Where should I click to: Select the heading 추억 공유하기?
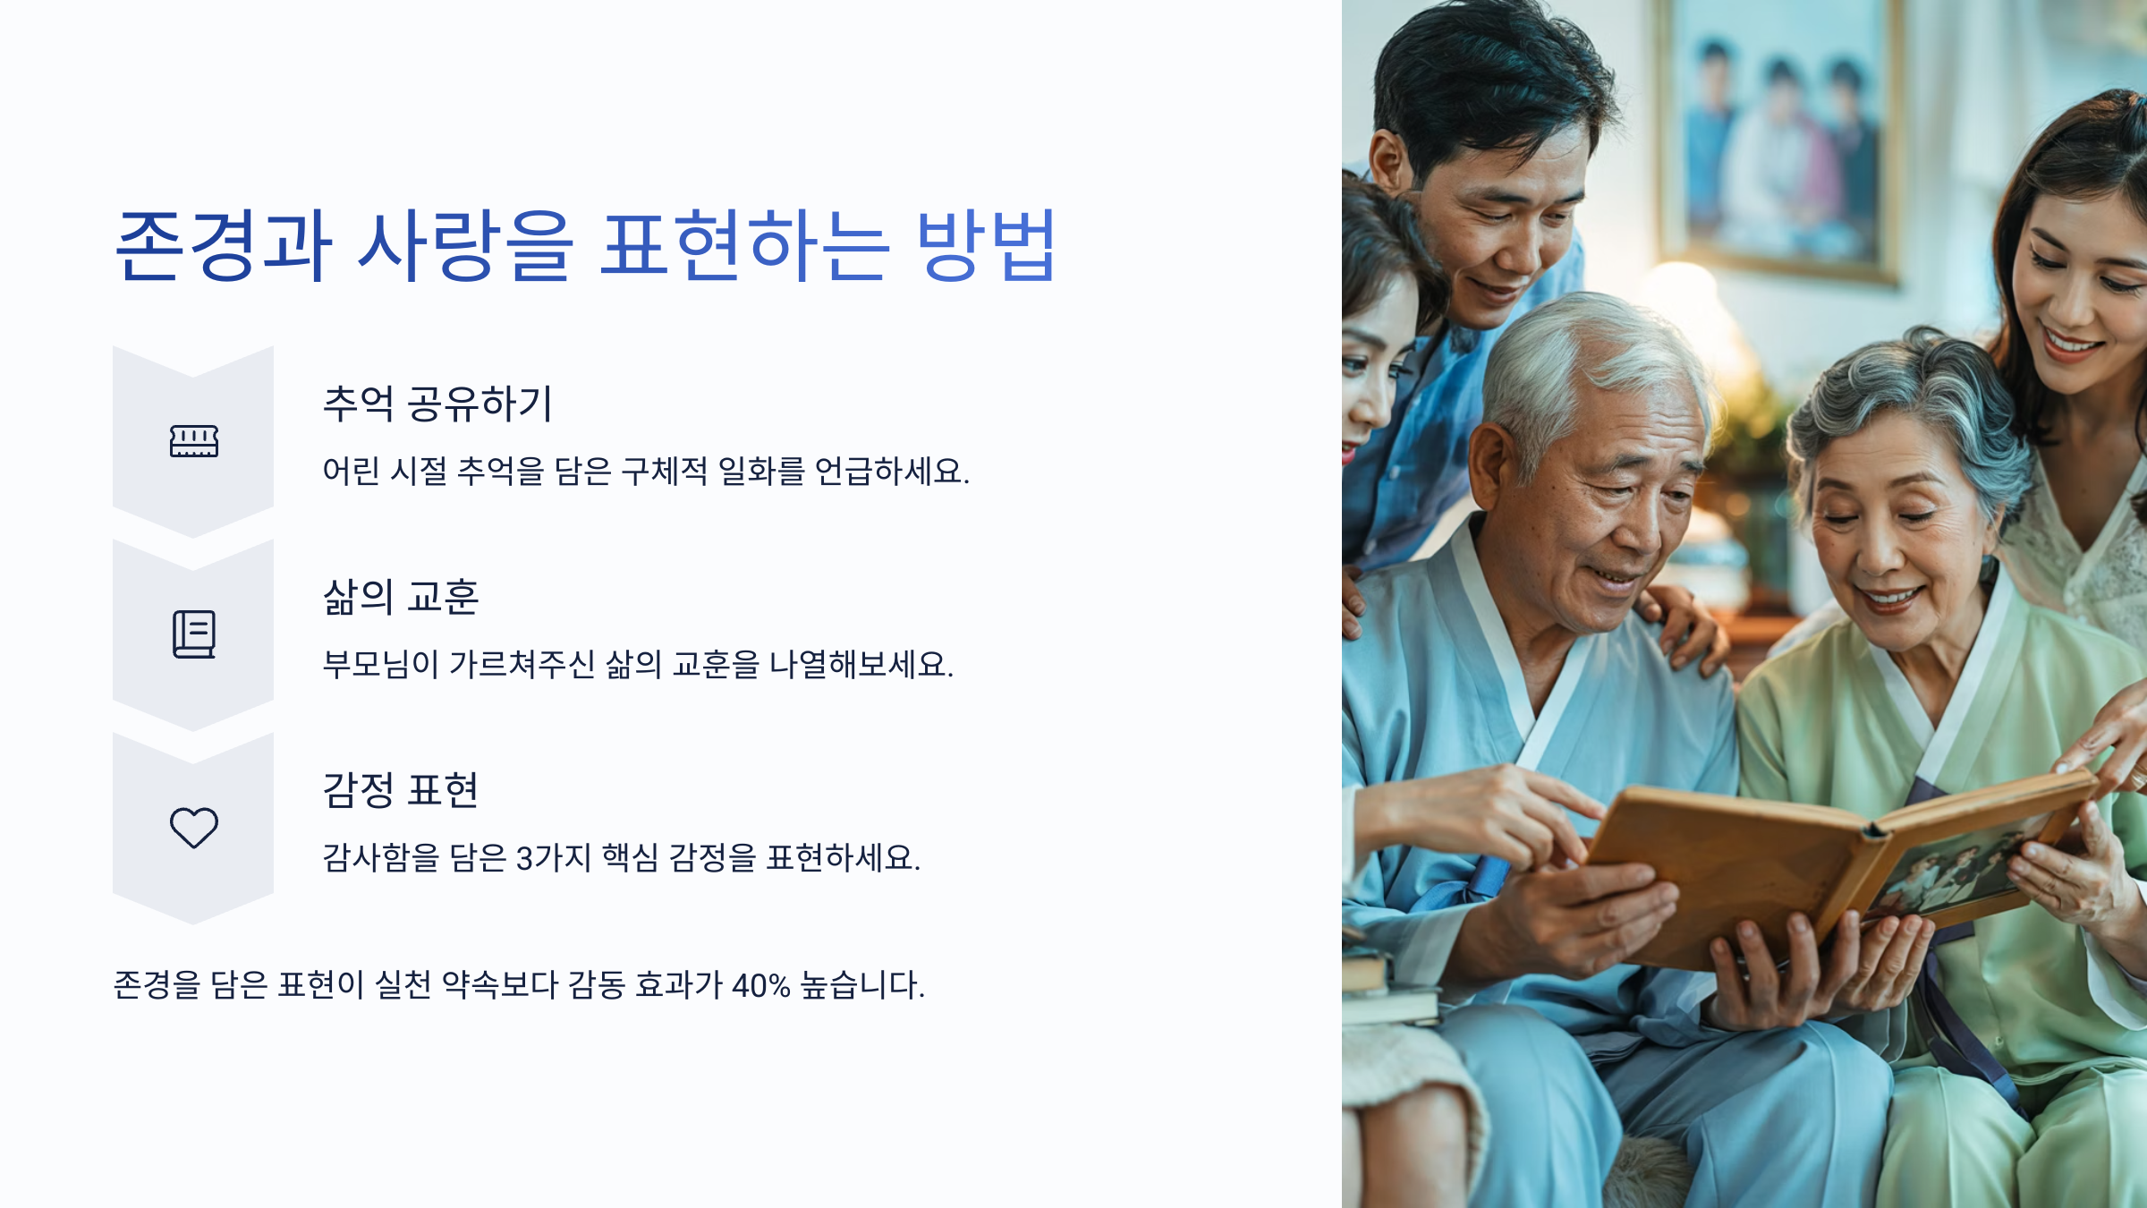coord(437,404)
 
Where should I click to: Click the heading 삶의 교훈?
coord(401,597)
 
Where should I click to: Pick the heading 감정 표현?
coord(401,790)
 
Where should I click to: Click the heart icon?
coord(194,828)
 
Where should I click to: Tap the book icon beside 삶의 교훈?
coord(194,634)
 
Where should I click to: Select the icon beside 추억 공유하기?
coord(194,441)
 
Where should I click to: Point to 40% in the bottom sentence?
coord(760,985)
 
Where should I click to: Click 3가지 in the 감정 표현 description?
coord(554,858)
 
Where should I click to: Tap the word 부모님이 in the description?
coord(380,665)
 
